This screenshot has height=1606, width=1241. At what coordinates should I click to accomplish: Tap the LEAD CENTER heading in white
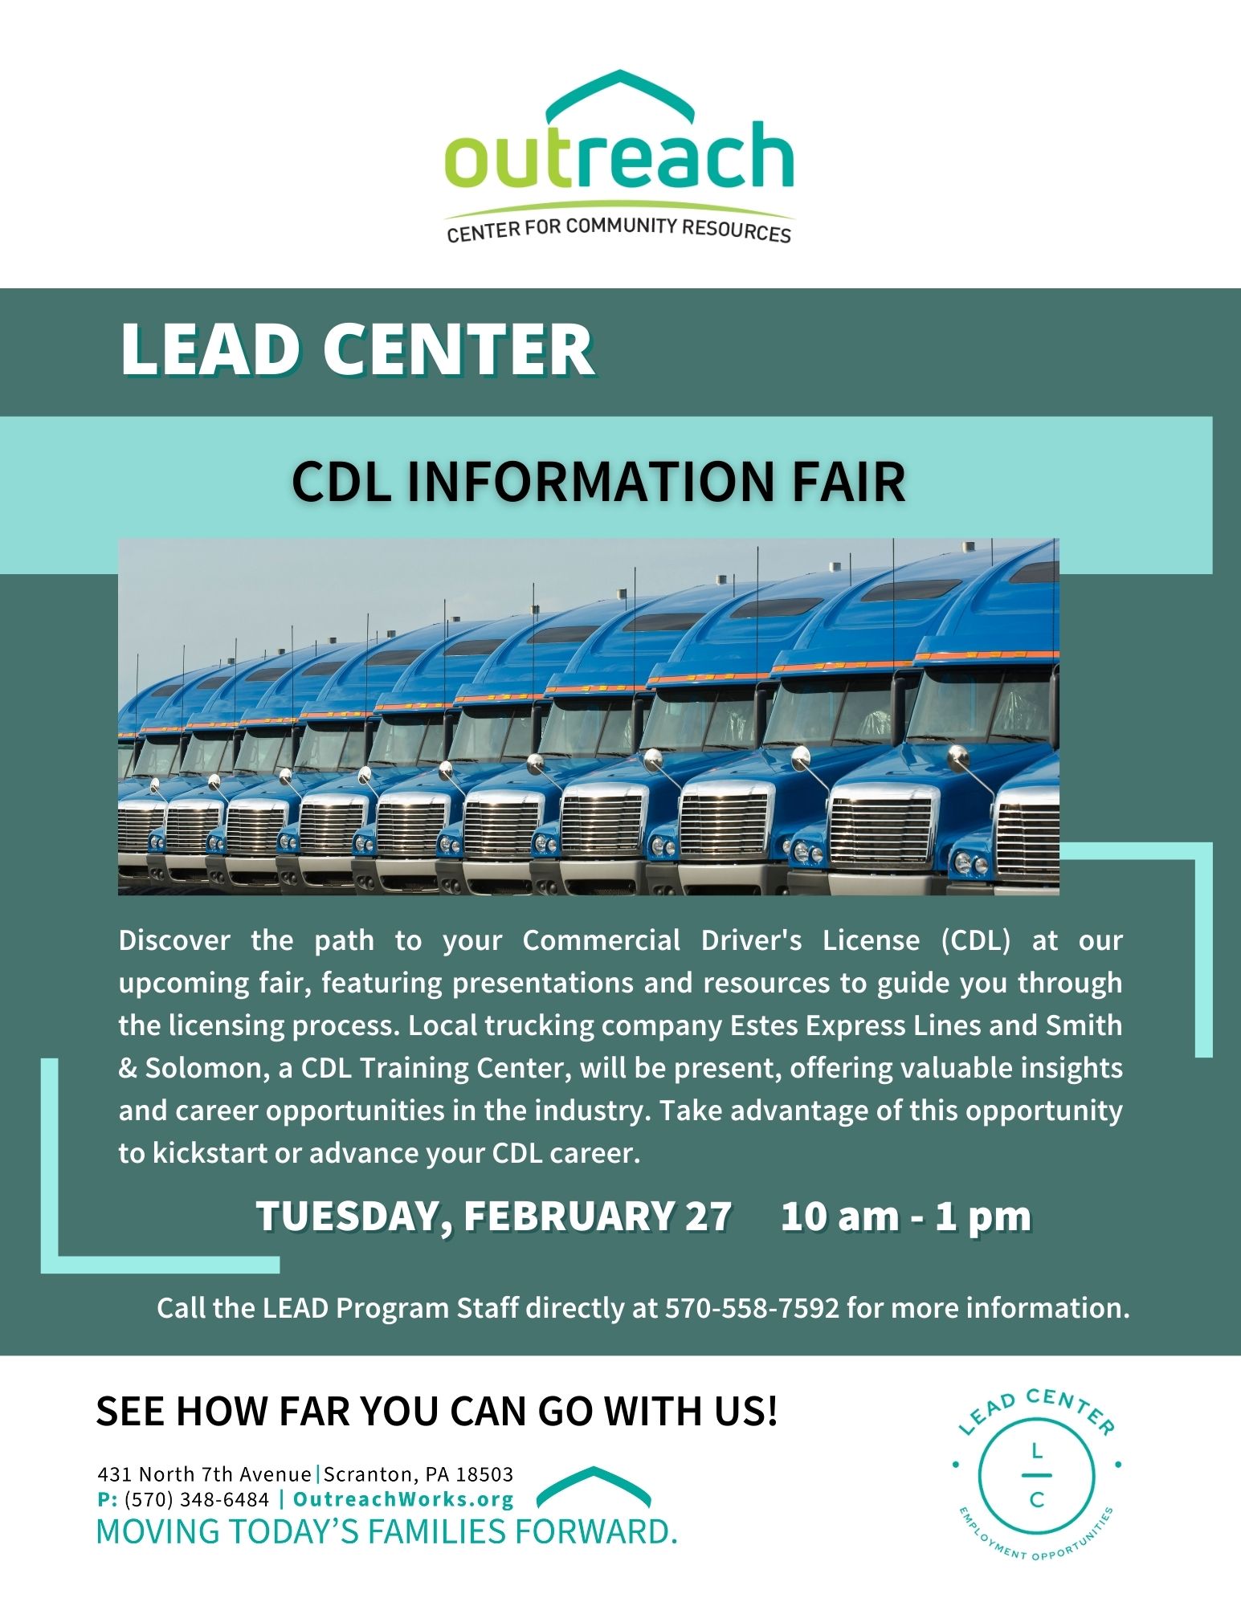357,349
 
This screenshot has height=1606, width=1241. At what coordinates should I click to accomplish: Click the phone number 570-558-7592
752,1308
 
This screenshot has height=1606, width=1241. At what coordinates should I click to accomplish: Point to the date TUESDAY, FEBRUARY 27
494,1216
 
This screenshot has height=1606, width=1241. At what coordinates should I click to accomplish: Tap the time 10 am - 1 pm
906,1216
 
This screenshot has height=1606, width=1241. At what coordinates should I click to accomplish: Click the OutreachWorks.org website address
403,1499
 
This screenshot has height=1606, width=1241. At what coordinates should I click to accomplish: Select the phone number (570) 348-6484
197,1499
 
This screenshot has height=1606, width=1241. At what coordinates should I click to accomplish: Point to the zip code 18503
484,1474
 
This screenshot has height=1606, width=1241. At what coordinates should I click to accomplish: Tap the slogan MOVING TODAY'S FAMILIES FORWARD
387,1532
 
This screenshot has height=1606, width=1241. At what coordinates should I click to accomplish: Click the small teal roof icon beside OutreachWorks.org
594,1486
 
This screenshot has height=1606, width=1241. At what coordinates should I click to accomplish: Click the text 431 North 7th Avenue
204,1474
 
